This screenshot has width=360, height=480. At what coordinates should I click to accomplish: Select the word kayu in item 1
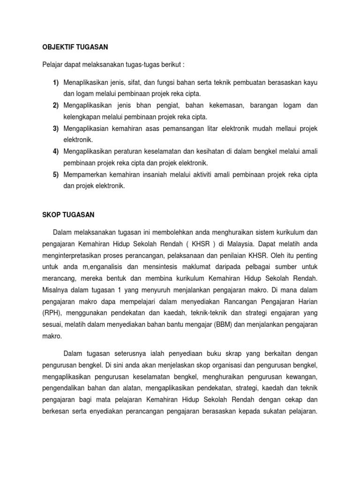pyautogui.click(x=310, y=83)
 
